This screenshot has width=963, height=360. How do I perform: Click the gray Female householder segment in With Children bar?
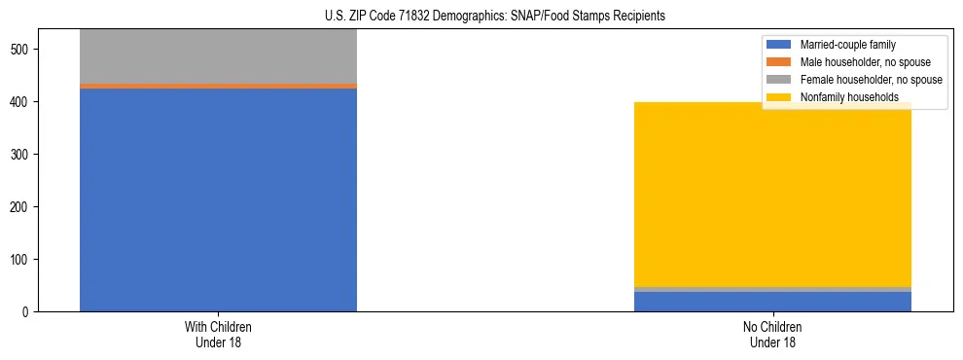[x=218, y=56]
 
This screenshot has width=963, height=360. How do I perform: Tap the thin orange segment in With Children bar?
[x=218, y=86]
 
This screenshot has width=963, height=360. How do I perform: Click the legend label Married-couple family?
[x=847, y=45]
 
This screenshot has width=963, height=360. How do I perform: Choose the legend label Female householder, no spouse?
[x=871, y=80]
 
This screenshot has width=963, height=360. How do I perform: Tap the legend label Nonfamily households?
[x=848, y=97]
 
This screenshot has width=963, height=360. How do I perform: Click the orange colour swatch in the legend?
[x=779, y=62]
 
